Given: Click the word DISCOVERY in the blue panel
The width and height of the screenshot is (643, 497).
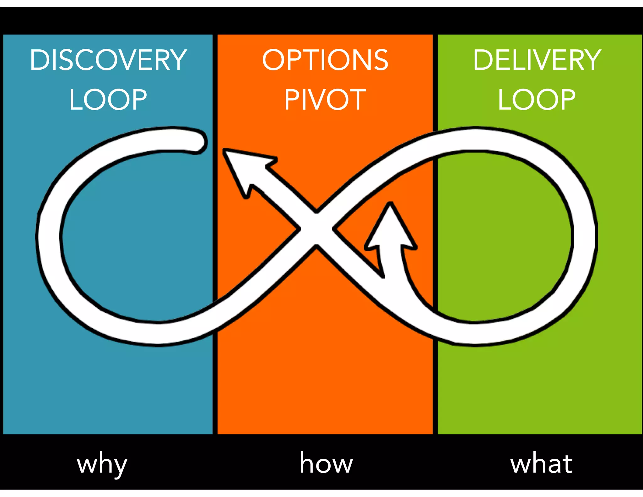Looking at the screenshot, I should (108, 60).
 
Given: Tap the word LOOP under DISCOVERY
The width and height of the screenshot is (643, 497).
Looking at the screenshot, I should (108, 100).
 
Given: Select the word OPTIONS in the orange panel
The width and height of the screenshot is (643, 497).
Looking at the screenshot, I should (325, 60).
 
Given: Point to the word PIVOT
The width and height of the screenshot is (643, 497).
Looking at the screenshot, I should (325, 100).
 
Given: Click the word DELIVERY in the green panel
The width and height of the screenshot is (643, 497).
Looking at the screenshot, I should (537, 60).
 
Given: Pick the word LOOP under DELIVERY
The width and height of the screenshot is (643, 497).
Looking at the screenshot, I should (537, 100).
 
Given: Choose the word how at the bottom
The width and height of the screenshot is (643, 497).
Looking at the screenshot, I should (326, 463).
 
